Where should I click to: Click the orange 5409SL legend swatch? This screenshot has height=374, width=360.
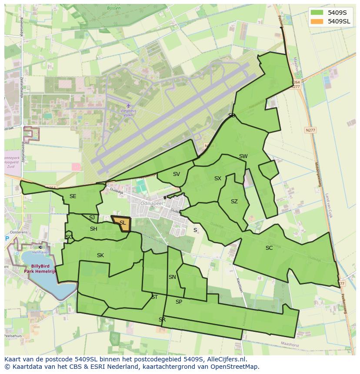317,21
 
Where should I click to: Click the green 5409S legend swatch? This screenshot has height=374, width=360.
317,12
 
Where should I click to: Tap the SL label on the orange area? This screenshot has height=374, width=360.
123,223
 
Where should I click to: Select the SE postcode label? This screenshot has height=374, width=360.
73,196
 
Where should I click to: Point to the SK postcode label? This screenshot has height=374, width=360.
100,255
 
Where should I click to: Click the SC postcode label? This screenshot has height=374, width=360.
269,248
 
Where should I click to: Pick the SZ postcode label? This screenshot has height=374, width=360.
234,202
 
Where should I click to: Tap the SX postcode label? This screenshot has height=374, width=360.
218,179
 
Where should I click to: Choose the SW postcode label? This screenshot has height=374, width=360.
243,156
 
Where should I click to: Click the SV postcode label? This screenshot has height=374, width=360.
176,174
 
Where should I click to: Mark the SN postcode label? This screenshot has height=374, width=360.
172,277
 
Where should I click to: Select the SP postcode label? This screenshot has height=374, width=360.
179,302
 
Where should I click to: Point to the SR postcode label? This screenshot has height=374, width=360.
162,319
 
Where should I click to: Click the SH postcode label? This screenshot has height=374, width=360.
93,229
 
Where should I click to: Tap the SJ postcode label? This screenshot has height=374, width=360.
92,218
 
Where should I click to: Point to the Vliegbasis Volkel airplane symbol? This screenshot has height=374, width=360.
128,106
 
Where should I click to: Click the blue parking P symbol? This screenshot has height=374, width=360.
7,238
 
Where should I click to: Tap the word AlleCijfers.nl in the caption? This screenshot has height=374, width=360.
227,359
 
